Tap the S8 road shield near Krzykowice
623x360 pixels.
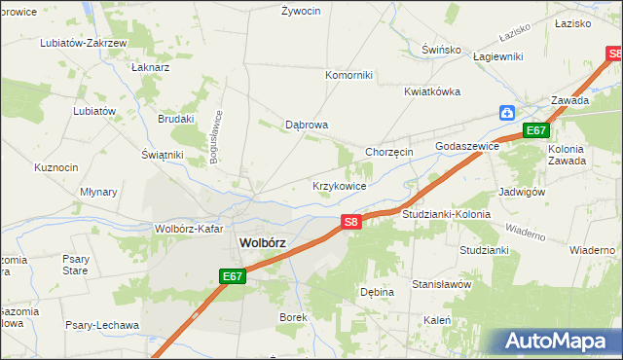[352, 223]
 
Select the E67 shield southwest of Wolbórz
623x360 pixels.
[232, 277]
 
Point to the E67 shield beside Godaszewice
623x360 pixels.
[536, 130]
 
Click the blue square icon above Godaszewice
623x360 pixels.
[507, 113]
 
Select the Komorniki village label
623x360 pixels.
[348, 75]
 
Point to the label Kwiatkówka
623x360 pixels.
[432, 91]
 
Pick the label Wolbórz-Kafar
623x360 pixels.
[189, 230]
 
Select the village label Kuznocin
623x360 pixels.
[55, 167]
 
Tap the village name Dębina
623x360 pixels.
[377, 292]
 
